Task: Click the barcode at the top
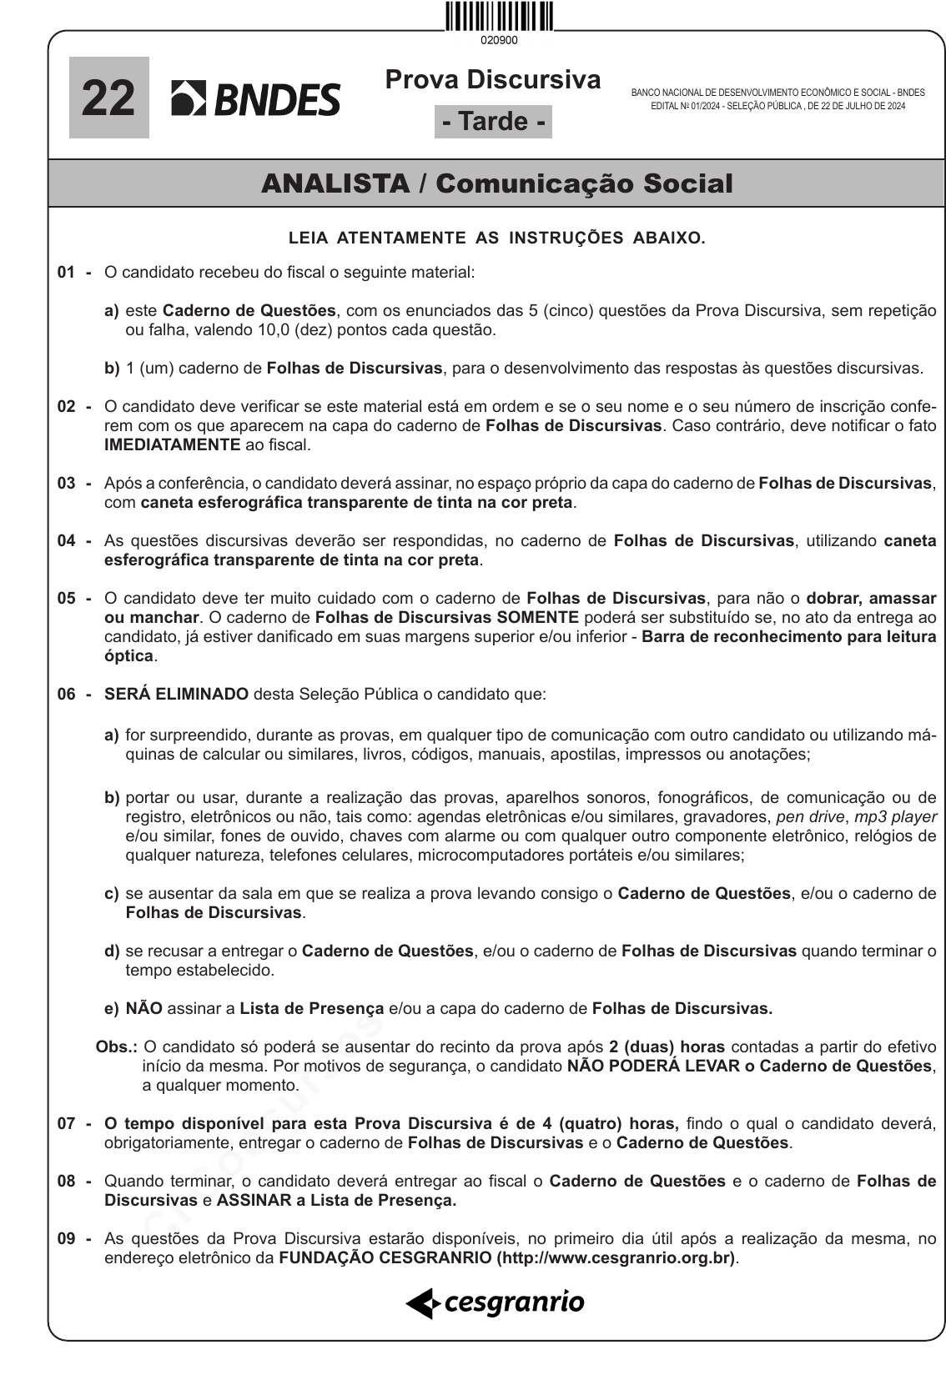tap(499, 18)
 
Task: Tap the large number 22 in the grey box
tap(108, 98)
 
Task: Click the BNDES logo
tap(256, 99)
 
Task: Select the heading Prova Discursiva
tap(493, 80)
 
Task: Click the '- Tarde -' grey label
tap(493, 122)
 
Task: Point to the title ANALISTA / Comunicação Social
tap(496, 183)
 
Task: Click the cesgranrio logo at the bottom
tap(496, 1302)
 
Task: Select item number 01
tap(67, 272)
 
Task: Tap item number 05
tap(67, 598)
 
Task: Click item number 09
tap(67, 1238)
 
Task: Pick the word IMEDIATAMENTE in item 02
tap(172, 444)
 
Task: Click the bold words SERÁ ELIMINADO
tap(176, 694)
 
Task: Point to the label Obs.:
tap(117, 1046)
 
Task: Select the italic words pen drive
tap(810, 816)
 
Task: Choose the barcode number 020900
tap(499, 40)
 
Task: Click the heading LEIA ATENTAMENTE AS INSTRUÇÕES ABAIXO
tap(496, 238)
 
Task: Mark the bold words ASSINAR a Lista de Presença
tap(336, 1200)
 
